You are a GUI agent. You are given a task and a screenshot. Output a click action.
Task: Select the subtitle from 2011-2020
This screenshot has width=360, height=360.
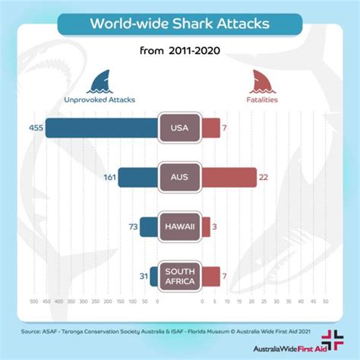179,54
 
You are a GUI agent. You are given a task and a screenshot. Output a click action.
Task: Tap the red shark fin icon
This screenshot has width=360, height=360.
261,80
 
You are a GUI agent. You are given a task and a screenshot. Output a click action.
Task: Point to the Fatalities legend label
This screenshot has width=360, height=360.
261,98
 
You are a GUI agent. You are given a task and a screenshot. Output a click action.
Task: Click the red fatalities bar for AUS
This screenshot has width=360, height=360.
229,177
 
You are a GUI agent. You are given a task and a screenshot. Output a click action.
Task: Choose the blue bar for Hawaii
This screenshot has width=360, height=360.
148,226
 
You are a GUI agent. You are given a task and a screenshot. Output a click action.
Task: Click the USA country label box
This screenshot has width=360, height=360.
179,128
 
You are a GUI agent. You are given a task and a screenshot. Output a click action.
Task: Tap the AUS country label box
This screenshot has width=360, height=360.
179,177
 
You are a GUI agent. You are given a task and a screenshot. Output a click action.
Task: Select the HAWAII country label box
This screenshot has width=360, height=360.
179,226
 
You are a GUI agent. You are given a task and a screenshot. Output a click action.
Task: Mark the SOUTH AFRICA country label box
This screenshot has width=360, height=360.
179,276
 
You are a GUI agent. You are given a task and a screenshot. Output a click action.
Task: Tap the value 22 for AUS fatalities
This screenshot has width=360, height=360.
264,177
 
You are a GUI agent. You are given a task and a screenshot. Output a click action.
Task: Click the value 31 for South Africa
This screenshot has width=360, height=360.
143,276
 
